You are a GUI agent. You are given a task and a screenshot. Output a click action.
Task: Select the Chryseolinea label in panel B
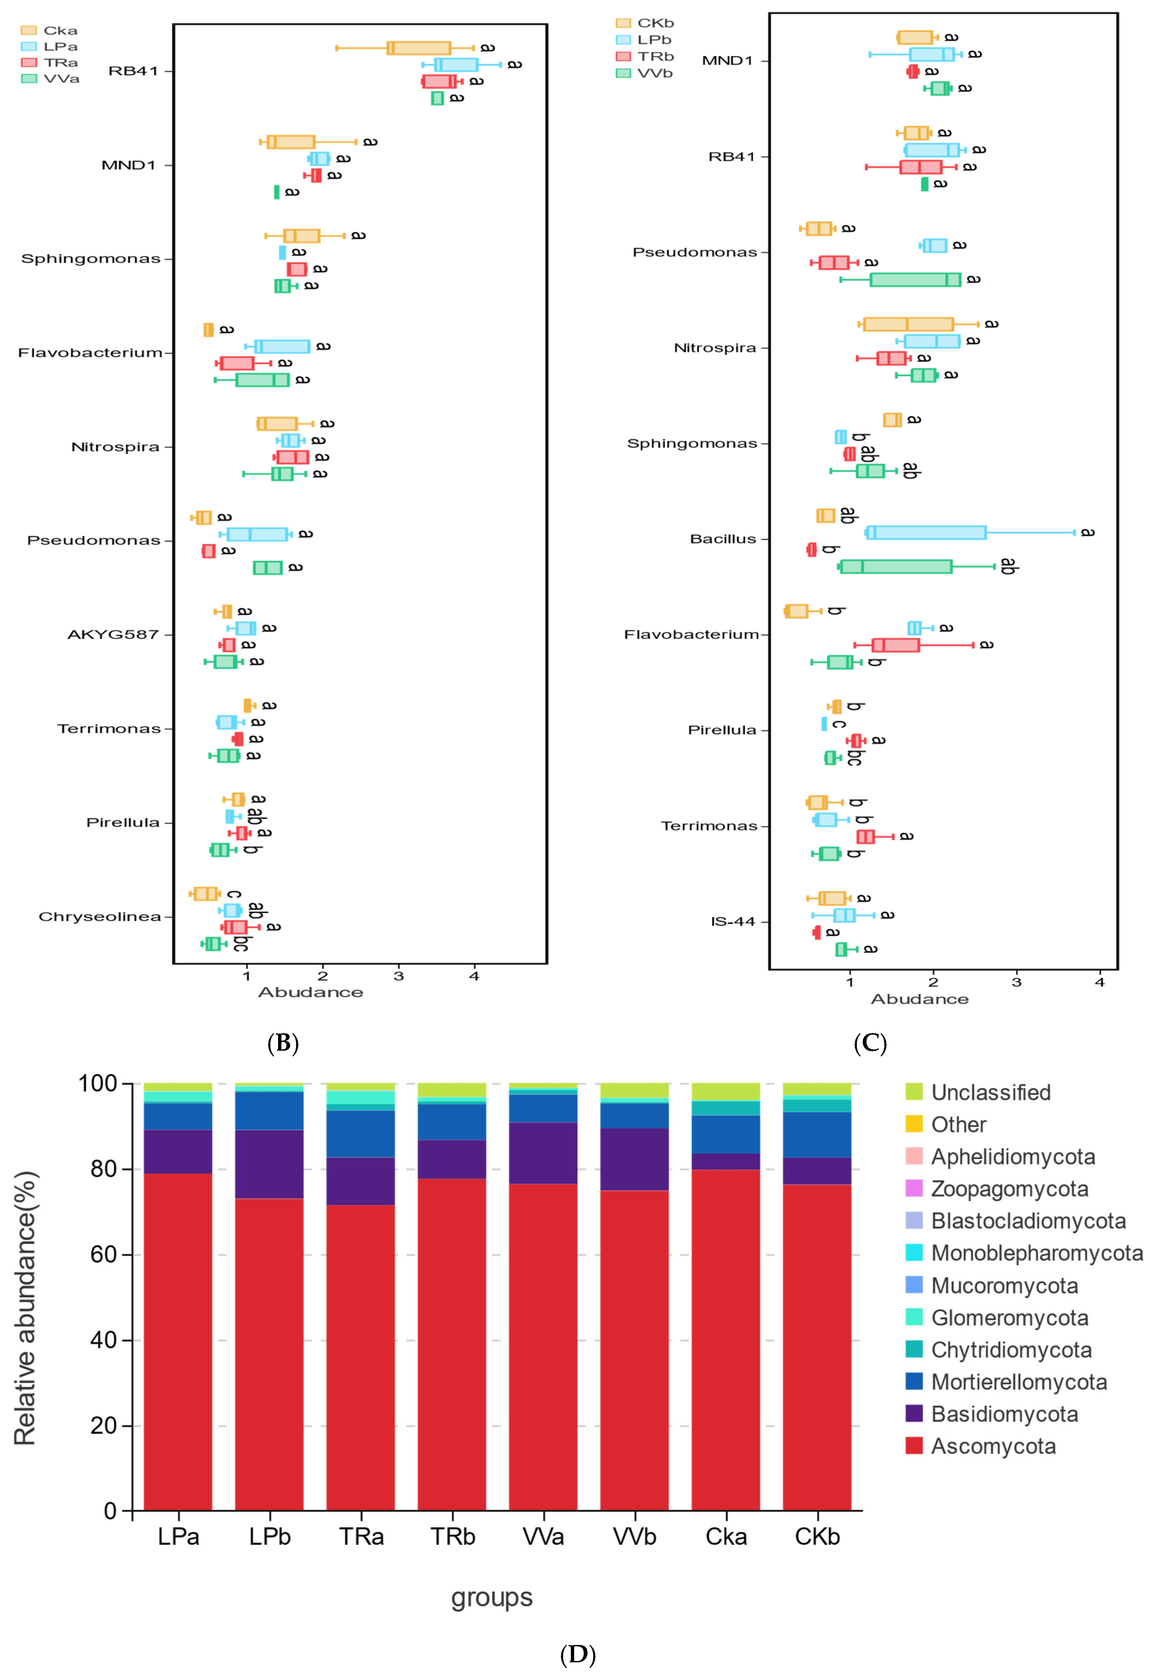pos(99,917)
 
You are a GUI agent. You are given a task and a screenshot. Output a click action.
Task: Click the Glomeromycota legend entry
pos(1009,1317)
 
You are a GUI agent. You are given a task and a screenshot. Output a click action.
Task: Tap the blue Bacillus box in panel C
pos(926,532)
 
